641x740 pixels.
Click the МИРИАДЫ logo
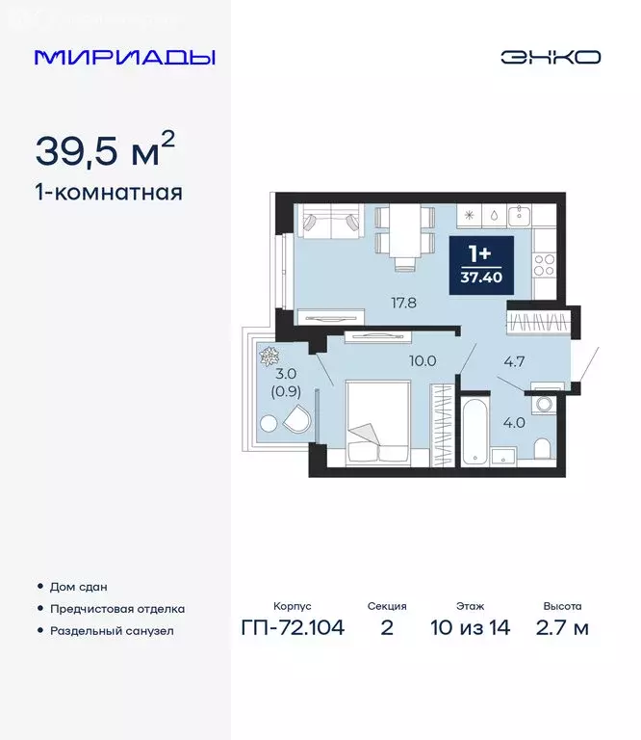125,57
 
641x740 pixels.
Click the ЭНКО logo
550,57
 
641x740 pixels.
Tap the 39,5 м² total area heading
105,150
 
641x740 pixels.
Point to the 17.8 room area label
376,302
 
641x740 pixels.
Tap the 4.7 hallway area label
515,363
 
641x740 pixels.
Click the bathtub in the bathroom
474,429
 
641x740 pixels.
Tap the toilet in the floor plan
541,448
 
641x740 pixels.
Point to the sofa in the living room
327,223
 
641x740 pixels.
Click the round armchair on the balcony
297,421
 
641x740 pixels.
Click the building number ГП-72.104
293,628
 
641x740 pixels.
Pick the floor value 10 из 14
471,628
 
